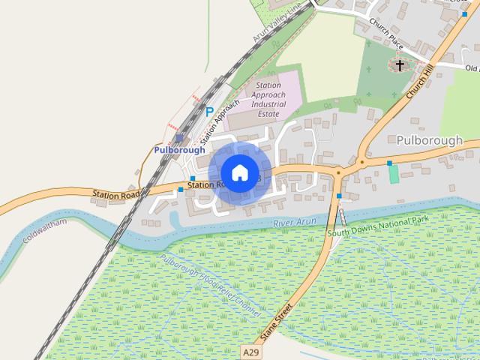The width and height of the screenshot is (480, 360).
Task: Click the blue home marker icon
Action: click(239, 172)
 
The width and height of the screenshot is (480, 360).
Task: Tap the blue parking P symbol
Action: click(209, 112)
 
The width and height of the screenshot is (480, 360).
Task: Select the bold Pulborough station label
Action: click(179, 150)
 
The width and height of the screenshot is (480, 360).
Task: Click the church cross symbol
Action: click(400, 66)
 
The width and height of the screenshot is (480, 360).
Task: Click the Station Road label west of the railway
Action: click(116, 195)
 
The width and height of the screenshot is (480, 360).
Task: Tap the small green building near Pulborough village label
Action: click(394, 174)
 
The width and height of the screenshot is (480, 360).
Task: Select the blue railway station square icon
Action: click(179, 138)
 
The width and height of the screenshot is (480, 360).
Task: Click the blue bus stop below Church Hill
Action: click(389, 163)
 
